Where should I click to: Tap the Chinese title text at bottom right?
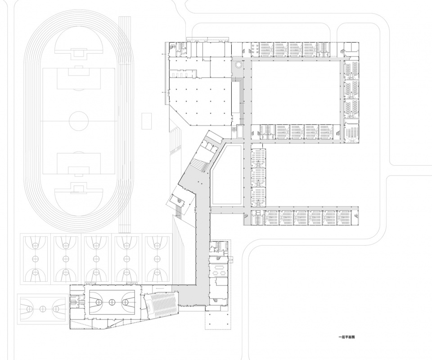[x=346, y=337]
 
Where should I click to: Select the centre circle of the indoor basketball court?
[x=111, y=302]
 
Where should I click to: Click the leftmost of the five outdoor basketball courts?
[x=35, y=259]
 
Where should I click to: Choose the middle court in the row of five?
[x=96, y=259]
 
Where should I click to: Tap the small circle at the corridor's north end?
[x=238, y=65]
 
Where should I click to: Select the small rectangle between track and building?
[x=147, y=121]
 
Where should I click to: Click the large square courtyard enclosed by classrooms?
[x=295, y=92]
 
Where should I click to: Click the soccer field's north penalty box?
[x=79, y=78]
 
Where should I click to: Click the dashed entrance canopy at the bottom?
[x=218, y=320]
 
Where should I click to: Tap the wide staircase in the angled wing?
[x=199, y=165]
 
